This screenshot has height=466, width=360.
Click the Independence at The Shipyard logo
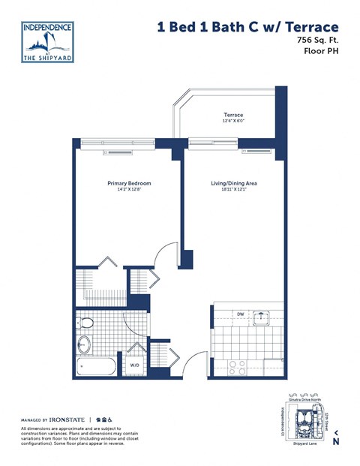49,42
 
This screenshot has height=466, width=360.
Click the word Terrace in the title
316,27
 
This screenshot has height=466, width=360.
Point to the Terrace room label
232,115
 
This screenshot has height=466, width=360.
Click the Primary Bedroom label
129,183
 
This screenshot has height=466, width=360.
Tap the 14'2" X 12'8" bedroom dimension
129,190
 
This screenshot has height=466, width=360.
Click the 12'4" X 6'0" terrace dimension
232,122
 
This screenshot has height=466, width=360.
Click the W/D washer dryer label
135,365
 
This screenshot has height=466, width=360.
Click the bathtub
95,367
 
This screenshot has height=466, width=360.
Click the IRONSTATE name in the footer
65,419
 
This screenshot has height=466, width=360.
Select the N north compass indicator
335,441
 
